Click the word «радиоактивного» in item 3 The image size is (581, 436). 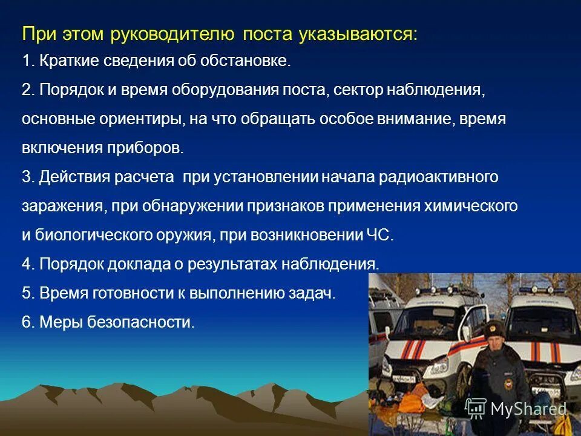coord(439,177)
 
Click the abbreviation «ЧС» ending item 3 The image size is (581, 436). coord(382,236)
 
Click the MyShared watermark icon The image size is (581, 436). coord(476,409)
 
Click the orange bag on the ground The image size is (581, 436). coord(451,403)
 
